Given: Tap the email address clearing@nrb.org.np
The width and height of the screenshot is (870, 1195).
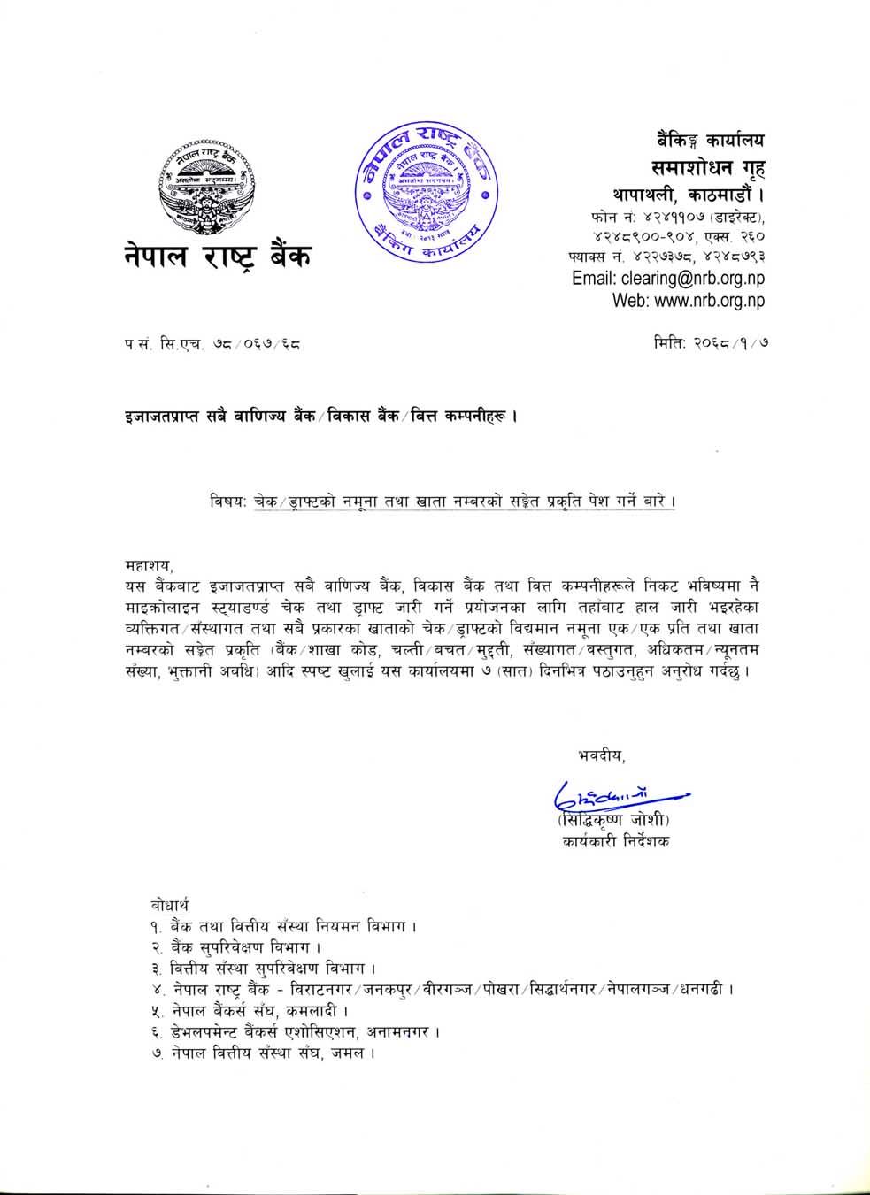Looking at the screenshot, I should click(x=668, y=278).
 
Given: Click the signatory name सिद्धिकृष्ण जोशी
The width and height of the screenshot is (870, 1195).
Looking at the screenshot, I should click(x=614, y=819).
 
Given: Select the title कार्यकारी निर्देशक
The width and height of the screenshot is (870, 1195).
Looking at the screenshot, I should click(x=615, y=842).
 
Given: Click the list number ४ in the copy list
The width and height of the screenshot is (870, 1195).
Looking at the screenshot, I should click(x=155, y=990).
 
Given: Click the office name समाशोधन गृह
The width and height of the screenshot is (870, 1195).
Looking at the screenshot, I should click(x=708, y=166).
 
